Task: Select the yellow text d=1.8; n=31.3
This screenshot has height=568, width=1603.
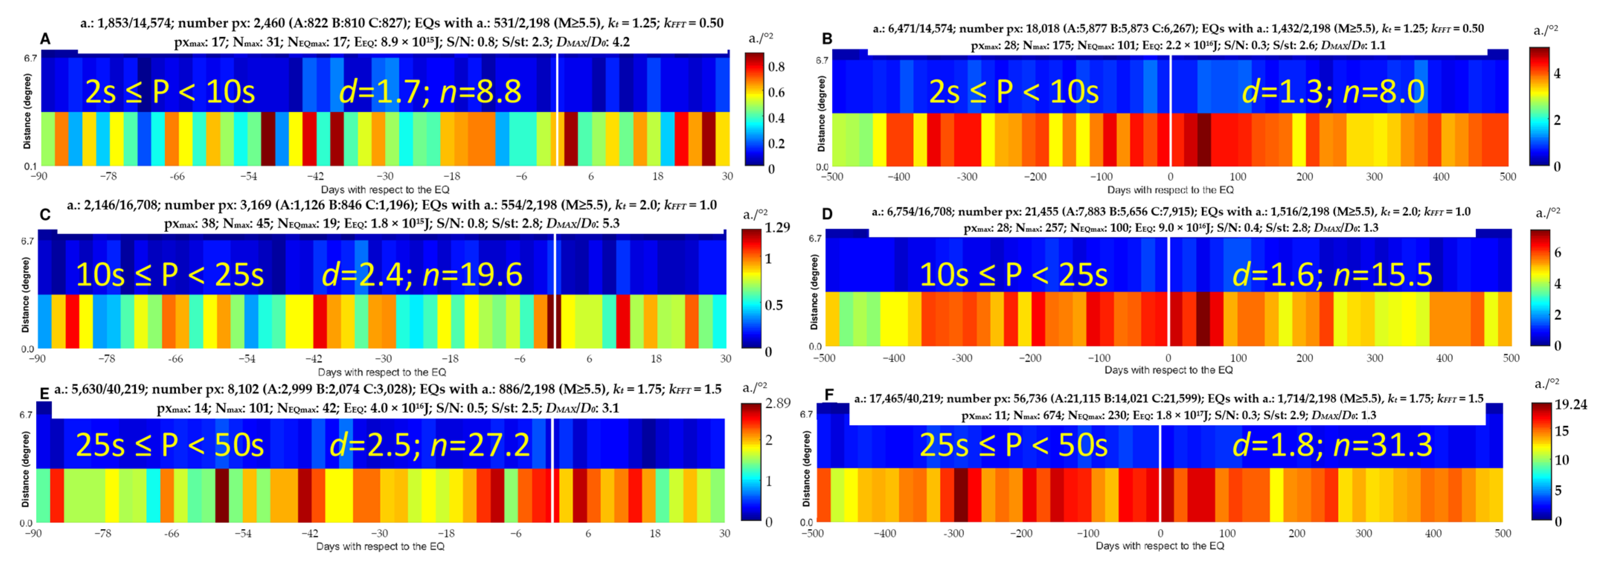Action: point(1332,445)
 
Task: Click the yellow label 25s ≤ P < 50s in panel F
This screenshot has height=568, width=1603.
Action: point(1013,445)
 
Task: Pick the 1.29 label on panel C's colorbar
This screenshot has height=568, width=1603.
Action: point(777,228)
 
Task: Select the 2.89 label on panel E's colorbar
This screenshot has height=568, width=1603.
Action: point(777,403)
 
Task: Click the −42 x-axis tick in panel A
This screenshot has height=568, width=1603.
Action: point(315,177)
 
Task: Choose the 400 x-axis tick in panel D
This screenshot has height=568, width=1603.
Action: point(1444,358)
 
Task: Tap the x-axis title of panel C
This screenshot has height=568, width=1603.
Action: point(382,372)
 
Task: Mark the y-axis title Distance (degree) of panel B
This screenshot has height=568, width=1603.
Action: point(822,114)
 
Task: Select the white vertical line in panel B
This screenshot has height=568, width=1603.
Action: point(1170,112)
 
